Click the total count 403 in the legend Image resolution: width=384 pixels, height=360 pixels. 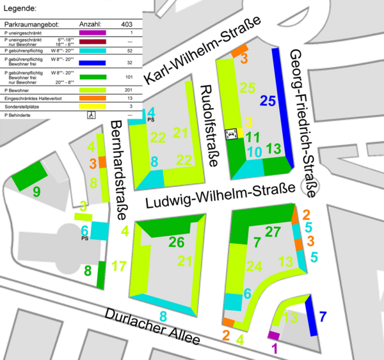(126, 24)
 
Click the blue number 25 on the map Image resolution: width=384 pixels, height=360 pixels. (268, 100)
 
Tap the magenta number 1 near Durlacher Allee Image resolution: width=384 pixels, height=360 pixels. (275, 348)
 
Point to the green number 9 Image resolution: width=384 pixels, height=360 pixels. (36, 192)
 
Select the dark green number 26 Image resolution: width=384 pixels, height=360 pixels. (176, 242)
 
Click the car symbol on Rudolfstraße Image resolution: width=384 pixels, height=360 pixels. (232, 133)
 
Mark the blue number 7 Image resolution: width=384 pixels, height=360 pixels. (323, 315)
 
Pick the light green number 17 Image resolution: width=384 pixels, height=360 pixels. (119, 265)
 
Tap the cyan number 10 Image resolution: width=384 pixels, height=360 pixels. (254, 152)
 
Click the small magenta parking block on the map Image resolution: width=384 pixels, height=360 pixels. (274, 336)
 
